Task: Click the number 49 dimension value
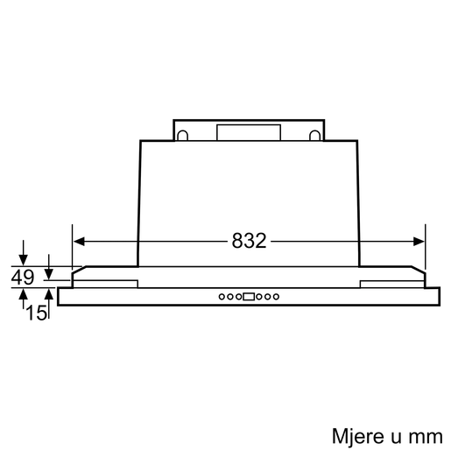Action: click(x=24, y=277)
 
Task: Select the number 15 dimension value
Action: click(x=35, y=310)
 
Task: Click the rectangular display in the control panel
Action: click(x=249, y=296)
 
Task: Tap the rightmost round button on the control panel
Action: click(x=277, y=296)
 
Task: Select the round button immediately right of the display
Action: click(x=259, y=296)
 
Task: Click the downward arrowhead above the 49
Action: click(x=24, y=261)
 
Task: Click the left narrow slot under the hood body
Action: click(x=104, y=282)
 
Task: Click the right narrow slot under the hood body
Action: click(x=391, y=282)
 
